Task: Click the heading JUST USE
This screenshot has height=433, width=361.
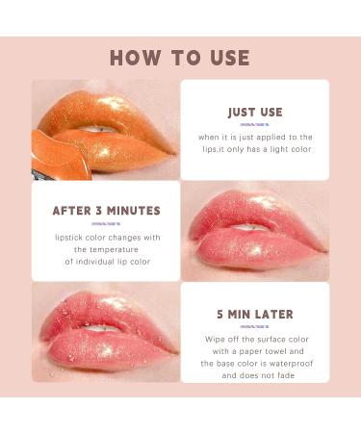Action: point(254,113)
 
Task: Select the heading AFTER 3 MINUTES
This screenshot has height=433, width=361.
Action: point(106,211)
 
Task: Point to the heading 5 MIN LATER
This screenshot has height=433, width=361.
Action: point(254,314)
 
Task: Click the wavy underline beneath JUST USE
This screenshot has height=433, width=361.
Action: point(254,125)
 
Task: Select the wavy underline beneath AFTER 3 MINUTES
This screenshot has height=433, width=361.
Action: point(106,223)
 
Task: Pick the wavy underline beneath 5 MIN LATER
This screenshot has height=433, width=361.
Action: point(254,326)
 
